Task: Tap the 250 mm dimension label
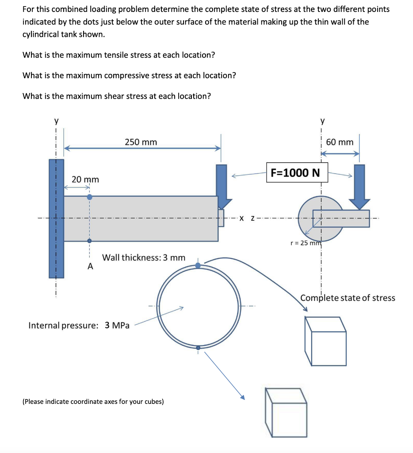(141, 142)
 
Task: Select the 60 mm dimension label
(340, 142)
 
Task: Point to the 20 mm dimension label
(85, 180)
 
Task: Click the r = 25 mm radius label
(305, 243)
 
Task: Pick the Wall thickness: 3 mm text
(144, 257)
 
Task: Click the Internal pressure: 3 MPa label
(79, 326)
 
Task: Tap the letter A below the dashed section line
(90, 266)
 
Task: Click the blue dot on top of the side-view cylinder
(89, 197)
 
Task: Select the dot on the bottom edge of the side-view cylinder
(89, 241)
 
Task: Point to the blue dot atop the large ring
(198, 265)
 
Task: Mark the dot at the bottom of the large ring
(198, 348)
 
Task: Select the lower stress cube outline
(286, 412)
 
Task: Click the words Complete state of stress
(348, 298)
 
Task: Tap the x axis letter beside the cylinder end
(241, 218)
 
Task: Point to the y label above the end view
(322, 121)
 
